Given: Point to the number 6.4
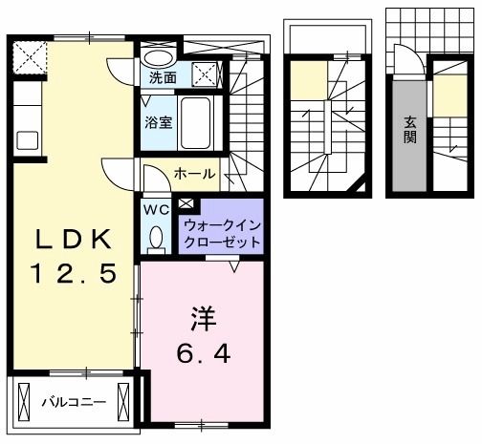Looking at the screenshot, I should tap(203, 352).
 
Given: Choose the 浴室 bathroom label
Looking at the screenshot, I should tap(158, 122).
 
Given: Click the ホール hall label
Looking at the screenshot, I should tap(194, 174).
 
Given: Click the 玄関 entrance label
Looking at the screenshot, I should tap(409, 130).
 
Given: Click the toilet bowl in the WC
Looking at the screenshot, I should tap(155, 236).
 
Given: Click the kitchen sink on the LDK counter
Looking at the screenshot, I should tap(26, 137).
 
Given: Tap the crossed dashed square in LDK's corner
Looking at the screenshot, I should tap(30, 57).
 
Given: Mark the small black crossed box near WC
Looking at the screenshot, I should tap(186, 203).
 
